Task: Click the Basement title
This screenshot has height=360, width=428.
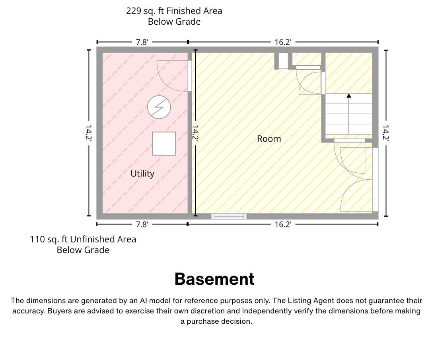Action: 214,279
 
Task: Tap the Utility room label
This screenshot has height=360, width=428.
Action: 142,174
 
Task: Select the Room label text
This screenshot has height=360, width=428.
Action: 269,139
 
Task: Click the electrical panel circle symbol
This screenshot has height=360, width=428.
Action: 159,107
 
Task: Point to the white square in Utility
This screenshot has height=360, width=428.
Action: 164,143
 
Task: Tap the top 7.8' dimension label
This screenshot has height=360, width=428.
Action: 142,42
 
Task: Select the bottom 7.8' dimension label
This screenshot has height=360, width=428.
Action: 142,225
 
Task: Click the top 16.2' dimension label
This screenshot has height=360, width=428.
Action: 283,42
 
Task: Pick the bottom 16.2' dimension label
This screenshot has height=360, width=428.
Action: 283,225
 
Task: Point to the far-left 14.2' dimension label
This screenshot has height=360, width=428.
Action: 88,133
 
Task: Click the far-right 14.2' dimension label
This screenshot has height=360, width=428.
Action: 385,133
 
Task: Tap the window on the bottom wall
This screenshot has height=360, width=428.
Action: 229,217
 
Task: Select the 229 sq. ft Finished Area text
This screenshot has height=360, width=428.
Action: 174,11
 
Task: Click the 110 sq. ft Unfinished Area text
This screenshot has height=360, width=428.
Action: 83,239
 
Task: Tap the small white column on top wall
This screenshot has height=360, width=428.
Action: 283,61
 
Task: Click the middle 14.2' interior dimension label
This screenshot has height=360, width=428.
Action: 195,133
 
